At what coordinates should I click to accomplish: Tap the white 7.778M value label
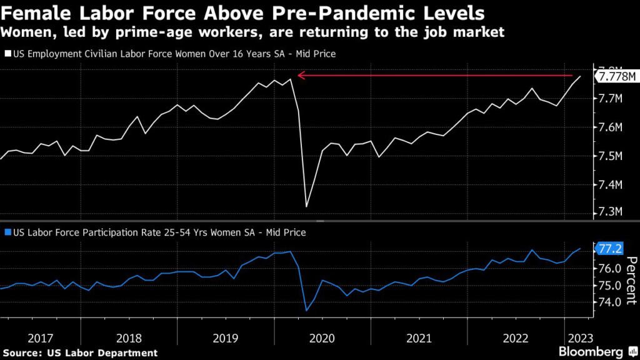[x=616, y=77]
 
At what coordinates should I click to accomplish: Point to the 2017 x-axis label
[x=41, y=338]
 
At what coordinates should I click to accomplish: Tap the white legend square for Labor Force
[x=8, y=54]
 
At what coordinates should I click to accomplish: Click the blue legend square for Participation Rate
[x=8, y=232]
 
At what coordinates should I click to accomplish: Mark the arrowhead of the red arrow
[x=300, y=75]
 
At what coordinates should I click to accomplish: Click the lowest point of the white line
[x=306, y=207]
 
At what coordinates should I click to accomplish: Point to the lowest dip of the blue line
[x=306, y=311]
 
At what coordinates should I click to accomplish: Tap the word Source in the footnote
[x=23, y=353]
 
